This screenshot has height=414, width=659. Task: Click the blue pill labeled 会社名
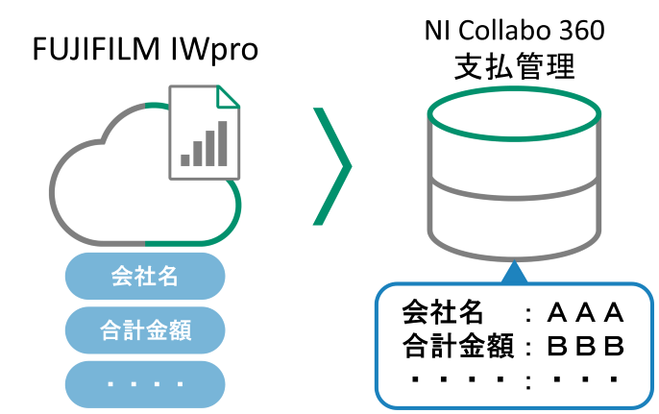(x=144, y=277)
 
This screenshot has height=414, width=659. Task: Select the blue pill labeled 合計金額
(x=144, y=330)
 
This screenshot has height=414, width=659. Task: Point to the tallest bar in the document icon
(x=223, y=143)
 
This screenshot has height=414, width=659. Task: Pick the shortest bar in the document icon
(x=185, y=159)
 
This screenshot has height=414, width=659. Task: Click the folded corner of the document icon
(x=229, y=96)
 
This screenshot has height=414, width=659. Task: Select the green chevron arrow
(x=332, y=166)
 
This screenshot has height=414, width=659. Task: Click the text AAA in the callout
(x=585, y=313)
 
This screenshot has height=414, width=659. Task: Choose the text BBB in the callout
(x=585, y=346)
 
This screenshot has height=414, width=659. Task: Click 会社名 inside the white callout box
(x=443, y=313)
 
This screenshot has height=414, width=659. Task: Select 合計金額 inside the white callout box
(x=458, y=346)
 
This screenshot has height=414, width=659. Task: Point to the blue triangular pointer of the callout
(x=515, y=273)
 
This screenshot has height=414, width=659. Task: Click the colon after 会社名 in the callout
(x=528, y=315)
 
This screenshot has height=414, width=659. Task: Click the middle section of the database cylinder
(x=514, y=173)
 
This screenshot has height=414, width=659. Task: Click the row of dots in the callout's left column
(x=458, y=379)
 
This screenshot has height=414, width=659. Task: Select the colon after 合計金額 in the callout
(x=528, y=347)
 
